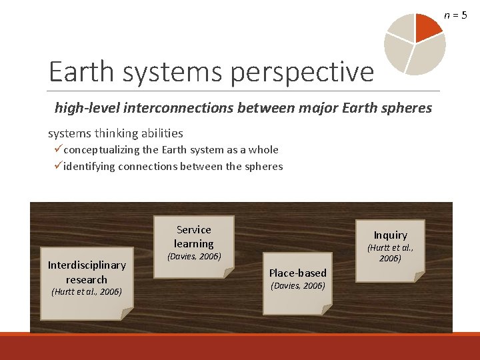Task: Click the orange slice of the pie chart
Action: click(x=427, y=25)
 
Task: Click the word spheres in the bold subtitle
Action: click(x=406, y=107)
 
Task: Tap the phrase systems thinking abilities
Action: click(x=115, y=133)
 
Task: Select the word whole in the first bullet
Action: click(x=264, y=150)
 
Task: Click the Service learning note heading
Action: click(x=193, y=237)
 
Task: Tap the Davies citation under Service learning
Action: click(x=193, y=256)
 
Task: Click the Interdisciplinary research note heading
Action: click(x=87, y=272)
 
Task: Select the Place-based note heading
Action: click(x=297, y=273)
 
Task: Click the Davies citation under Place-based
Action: click(x=297, y=286)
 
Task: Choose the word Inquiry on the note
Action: click(x=390, y=235)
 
